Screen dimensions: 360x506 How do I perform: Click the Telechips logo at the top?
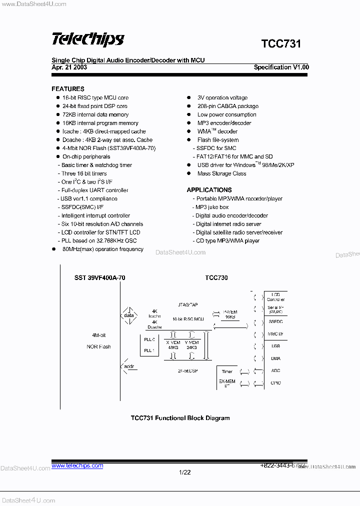(x=87, y=39)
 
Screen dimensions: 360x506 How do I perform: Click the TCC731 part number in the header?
(x=281, y=44)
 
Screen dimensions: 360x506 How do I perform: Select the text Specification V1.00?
(x=281, y=67)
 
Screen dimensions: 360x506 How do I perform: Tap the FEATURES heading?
(x=68, y=89)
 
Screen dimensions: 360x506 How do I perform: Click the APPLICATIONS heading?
(x=209, y=190)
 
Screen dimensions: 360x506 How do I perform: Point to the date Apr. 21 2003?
(x=69, y=67)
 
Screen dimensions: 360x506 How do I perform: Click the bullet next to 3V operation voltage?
(x=188, y=98)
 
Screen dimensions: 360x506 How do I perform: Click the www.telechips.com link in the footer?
(x=77, y=465)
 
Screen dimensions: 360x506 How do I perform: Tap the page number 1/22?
(x=184, y=472)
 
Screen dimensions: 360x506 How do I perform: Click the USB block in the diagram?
(x=275, y=346)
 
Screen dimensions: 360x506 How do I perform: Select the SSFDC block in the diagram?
(x=275, y=322)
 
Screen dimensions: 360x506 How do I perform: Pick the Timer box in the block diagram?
(x=227, y=371)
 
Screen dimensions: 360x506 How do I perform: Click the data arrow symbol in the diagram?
(x=129, y=315)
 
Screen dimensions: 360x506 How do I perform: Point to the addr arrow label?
(x=129, y=367)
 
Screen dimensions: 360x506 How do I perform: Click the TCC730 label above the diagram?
(x=216, y=278)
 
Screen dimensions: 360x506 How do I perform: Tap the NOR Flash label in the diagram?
(x=98, y=346)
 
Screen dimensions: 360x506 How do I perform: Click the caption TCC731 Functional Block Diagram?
(x=180, y=418)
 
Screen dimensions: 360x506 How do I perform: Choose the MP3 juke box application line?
(x=212, y=207)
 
